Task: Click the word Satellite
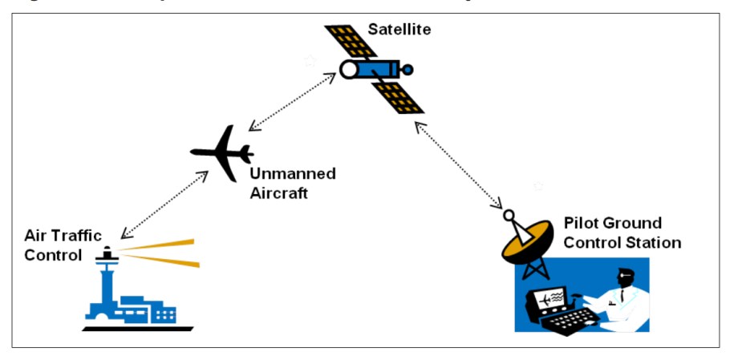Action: (x=400, y=30)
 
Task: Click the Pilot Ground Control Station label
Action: (x=622, y=232)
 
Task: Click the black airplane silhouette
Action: (x=222, y=152)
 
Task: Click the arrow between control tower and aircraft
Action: (x=164, y=204)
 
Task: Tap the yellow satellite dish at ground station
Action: (x=525, y=241)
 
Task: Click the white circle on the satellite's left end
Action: (x=349, y=70)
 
